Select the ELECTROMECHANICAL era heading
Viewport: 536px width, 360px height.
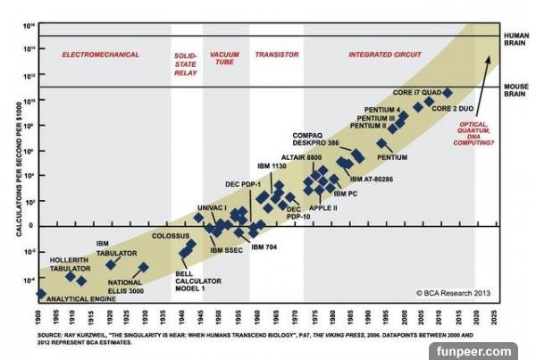pos(101,54)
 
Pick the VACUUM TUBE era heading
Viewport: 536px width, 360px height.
pos(224,59)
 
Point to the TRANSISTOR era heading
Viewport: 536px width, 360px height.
pos(277,54)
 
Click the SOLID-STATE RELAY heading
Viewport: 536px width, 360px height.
pos(186,63)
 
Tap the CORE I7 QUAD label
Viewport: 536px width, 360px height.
pos(415,92)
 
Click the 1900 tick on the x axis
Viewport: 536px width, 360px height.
pos(40,318)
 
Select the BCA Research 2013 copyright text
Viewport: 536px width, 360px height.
pos(451,292)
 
